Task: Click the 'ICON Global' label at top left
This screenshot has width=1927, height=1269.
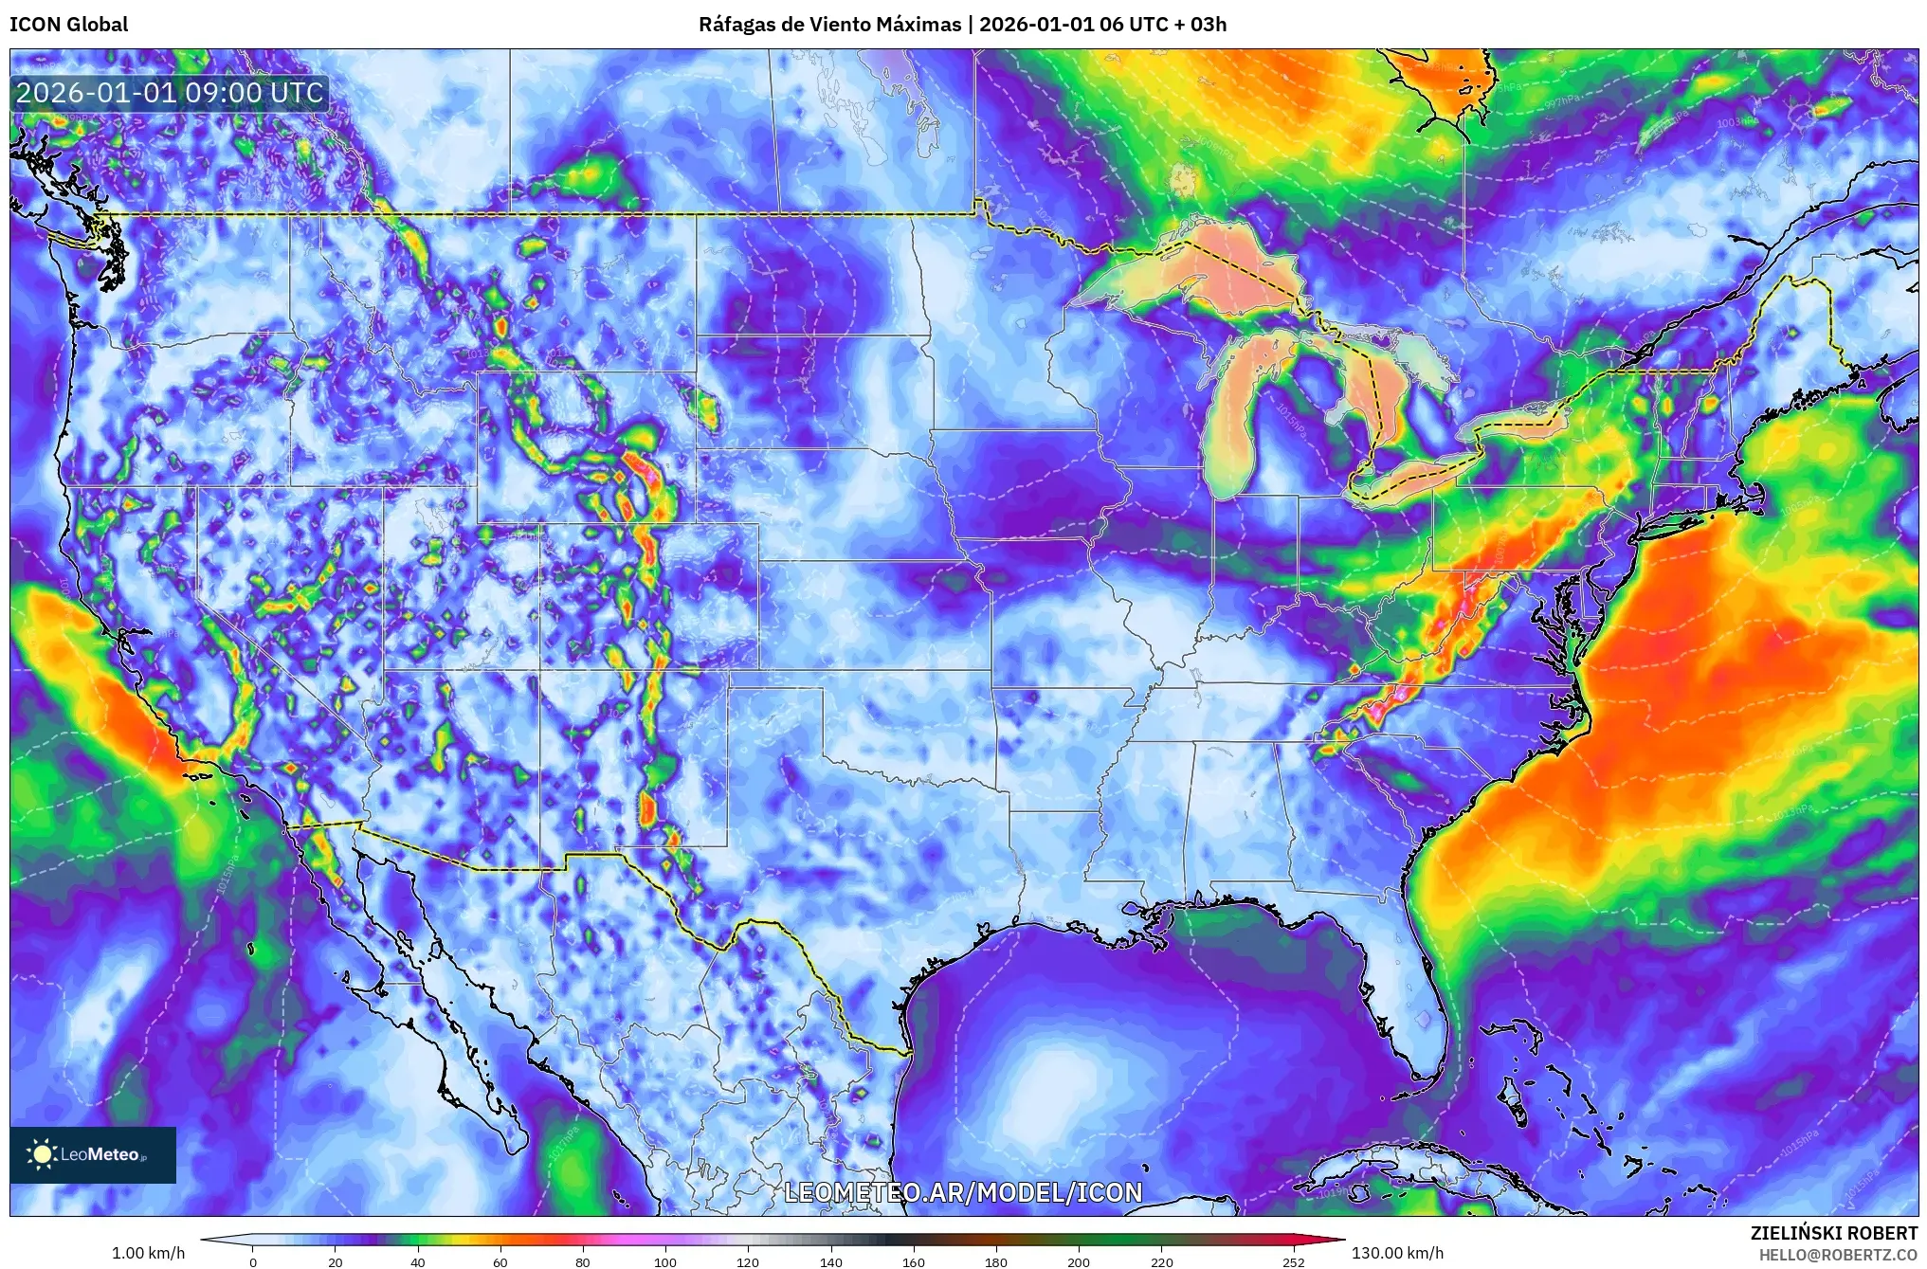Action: click(68, 25)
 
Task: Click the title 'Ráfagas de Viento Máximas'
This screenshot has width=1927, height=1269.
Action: click(829, 25)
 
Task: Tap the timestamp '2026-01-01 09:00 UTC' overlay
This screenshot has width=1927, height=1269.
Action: click(170, 93)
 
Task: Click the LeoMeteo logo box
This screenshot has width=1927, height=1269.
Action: click(93, 1154)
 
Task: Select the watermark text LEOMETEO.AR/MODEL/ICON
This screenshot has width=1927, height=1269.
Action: click(963, 1192)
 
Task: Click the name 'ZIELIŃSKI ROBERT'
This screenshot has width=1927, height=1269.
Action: click(1833, 1233)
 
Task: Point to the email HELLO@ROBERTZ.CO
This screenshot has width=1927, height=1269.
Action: click(1838, 1254)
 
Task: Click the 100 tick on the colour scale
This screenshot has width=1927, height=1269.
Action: click(665, 1261)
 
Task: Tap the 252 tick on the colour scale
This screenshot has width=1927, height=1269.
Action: click(1293, 1261)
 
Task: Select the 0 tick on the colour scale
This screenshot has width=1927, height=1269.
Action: click(252, 1261)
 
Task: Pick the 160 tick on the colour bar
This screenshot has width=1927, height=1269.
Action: click(914, 1261)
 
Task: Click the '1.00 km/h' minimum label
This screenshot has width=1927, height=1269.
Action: click(148, 1253)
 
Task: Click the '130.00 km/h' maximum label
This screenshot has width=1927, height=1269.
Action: click(1397, 1253)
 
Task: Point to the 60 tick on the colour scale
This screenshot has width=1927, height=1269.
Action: click(500, 1261)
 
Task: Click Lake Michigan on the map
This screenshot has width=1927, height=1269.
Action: click(1232, 417)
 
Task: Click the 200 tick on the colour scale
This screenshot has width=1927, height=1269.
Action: click(1079, 1261)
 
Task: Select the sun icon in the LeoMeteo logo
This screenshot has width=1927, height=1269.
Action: click(42, 1154)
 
